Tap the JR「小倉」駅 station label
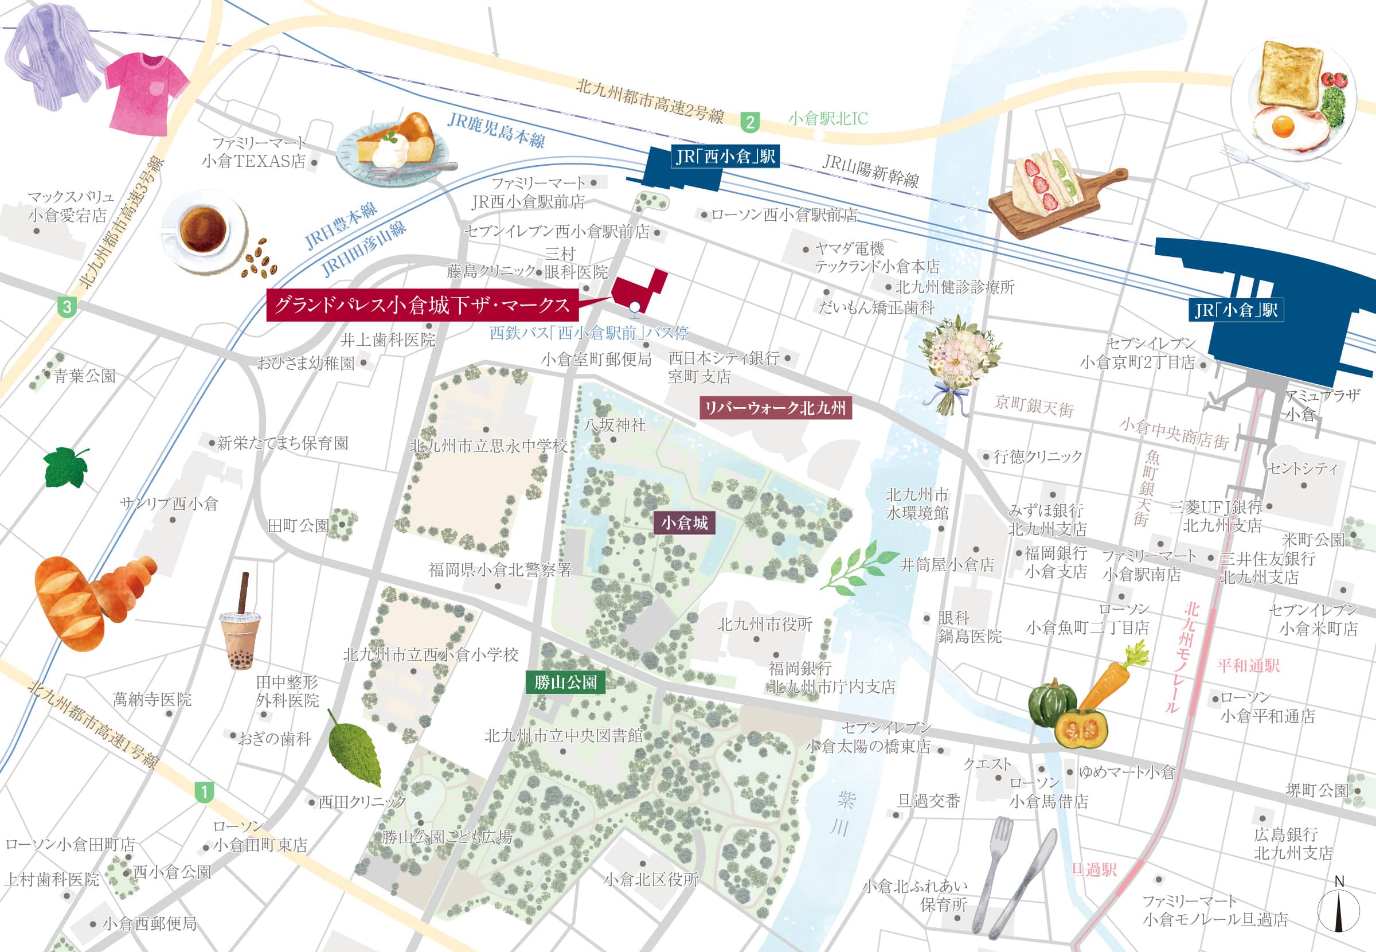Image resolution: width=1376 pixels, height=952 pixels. pos(1236,310)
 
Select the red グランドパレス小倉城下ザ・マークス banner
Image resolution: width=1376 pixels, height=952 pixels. pos(422,306)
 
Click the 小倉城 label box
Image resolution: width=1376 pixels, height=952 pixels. pos(685,523)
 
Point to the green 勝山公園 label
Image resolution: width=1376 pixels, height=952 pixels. pos(565,682)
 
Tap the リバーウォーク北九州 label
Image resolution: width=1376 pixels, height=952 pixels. pos(775,408)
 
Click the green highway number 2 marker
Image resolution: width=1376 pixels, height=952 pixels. pos(750,122)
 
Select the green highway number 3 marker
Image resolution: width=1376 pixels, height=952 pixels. pos(67,307)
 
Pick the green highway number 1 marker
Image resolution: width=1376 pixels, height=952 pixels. pos(204,793)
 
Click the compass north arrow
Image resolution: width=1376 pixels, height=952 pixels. pos(1339,910)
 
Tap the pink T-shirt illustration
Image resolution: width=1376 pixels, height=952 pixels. pos(146,91)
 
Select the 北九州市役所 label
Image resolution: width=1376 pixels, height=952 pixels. pos(764,625)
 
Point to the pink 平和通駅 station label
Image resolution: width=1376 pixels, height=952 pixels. pos(1248,666)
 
